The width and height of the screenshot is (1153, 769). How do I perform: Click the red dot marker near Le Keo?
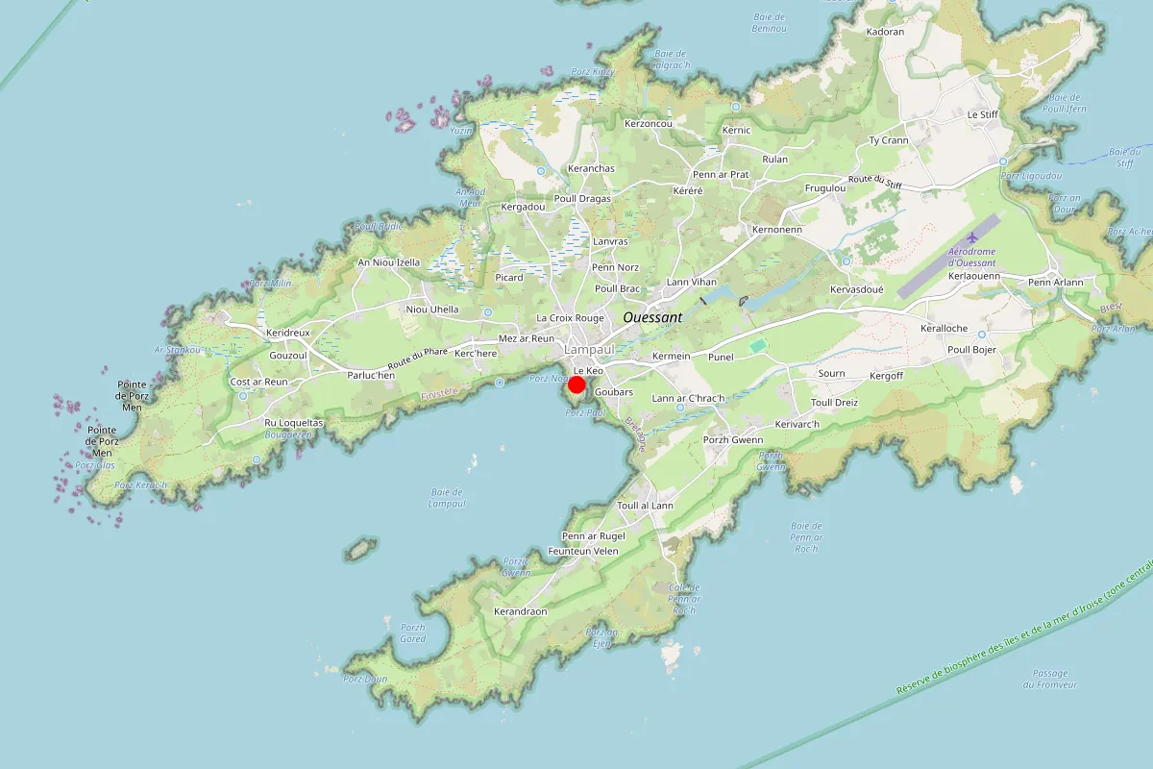[x=576, y=385]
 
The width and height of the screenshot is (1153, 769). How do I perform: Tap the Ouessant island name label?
[x=652, y=316]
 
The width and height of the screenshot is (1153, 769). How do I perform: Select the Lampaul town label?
[x=589, y=351]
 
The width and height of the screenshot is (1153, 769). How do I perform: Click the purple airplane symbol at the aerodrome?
[x=972, y=236]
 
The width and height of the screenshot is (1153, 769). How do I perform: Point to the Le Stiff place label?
[x=984, y=114]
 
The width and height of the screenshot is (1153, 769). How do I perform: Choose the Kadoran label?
[x=885, y=32]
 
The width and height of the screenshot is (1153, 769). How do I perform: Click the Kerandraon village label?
[x=520, y=611]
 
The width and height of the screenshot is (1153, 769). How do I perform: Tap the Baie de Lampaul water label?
[x=447, y=497]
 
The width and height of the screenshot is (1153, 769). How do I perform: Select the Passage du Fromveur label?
[x=1050, y=679]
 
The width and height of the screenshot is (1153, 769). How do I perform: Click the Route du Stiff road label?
[x=874, y=181]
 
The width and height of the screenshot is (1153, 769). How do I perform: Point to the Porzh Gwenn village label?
[x=733, y=439]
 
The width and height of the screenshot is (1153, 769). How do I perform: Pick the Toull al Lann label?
[x=645, y=506]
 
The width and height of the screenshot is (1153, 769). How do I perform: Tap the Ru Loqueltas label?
[x=294, y=423]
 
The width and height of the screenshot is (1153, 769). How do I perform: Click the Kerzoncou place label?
[x=649, y=124]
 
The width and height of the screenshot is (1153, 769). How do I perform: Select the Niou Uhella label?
[x=432, y=310]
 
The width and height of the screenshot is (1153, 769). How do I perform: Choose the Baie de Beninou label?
[x=770, y=23]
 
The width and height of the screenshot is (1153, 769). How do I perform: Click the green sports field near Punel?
[x=758, y=344]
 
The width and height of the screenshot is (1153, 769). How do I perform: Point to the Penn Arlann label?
[x=1055, y=283]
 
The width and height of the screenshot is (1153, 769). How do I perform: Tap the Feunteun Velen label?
[x=583, y=551]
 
